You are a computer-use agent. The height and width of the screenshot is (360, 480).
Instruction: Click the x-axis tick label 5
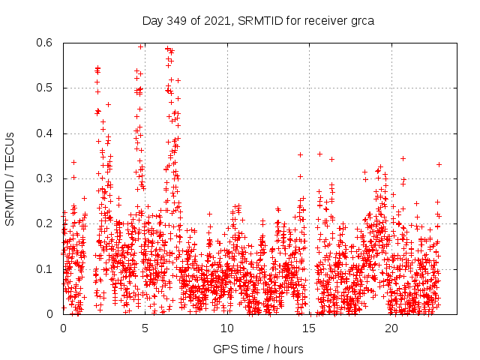point(145,328)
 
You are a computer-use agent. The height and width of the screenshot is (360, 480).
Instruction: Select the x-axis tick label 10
point(227,328)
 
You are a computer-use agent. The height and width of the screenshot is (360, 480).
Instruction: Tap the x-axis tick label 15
point(310,328)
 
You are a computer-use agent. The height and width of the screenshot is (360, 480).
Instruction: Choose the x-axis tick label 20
point(391,328)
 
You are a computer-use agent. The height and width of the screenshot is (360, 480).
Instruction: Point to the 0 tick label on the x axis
point(63,328)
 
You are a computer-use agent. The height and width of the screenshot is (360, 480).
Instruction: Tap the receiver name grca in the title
point(360,20)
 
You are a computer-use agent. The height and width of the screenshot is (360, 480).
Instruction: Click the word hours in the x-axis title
point(289,349)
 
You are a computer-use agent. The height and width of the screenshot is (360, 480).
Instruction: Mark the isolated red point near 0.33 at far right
point(439,164)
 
